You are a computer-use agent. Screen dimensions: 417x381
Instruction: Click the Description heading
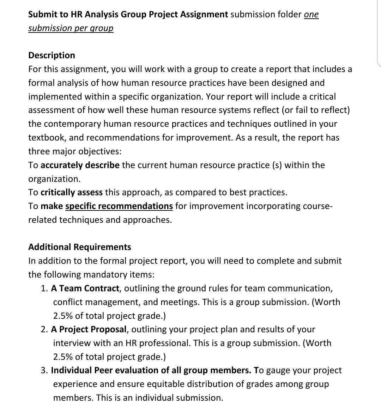pyautogui.click(x=52, y=55)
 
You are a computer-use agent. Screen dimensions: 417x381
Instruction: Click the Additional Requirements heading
pyautogui.click(x=79, y=247)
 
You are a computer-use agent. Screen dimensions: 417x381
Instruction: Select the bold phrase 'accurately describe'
pyautogui.click(x=80, y=165)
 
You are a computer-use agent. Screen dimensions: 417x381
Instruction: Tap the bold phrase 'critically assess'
pyautogui.click(x=72, y=192)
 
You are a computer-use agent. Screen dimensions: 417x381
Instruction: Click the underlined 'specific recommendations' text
pyautogui.click(x=119, y=206)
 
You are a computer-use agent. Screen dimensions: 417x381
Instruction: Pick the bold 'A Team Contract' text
pyautogui.click(x=85, y=288)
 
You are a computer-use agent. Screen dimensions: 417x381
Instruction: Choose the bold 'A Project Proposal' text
pyautogui.click(x=89, y=329)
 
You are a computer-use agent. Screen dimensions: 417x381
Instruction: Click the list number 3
pyautogui.click(x=44, y=370)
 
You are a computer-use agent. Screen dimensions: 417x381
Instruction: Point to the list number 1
pyautogui.click(x=44, y=288)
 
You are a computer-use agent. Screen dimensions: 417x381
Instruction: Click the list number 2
pyautogui.click(x=44, y=329)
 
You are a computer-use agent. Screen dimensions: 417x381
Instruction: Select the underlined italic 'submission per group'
pyautogui.click(x=71, y=28)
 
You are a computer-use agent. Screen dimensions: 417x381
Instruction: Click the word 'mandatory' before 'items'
pyautogui.click(x=107, y=275)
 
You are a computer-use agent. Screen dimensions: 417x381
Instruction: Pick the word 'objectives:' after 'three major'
pyautogui.click(x=99, y=151)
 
